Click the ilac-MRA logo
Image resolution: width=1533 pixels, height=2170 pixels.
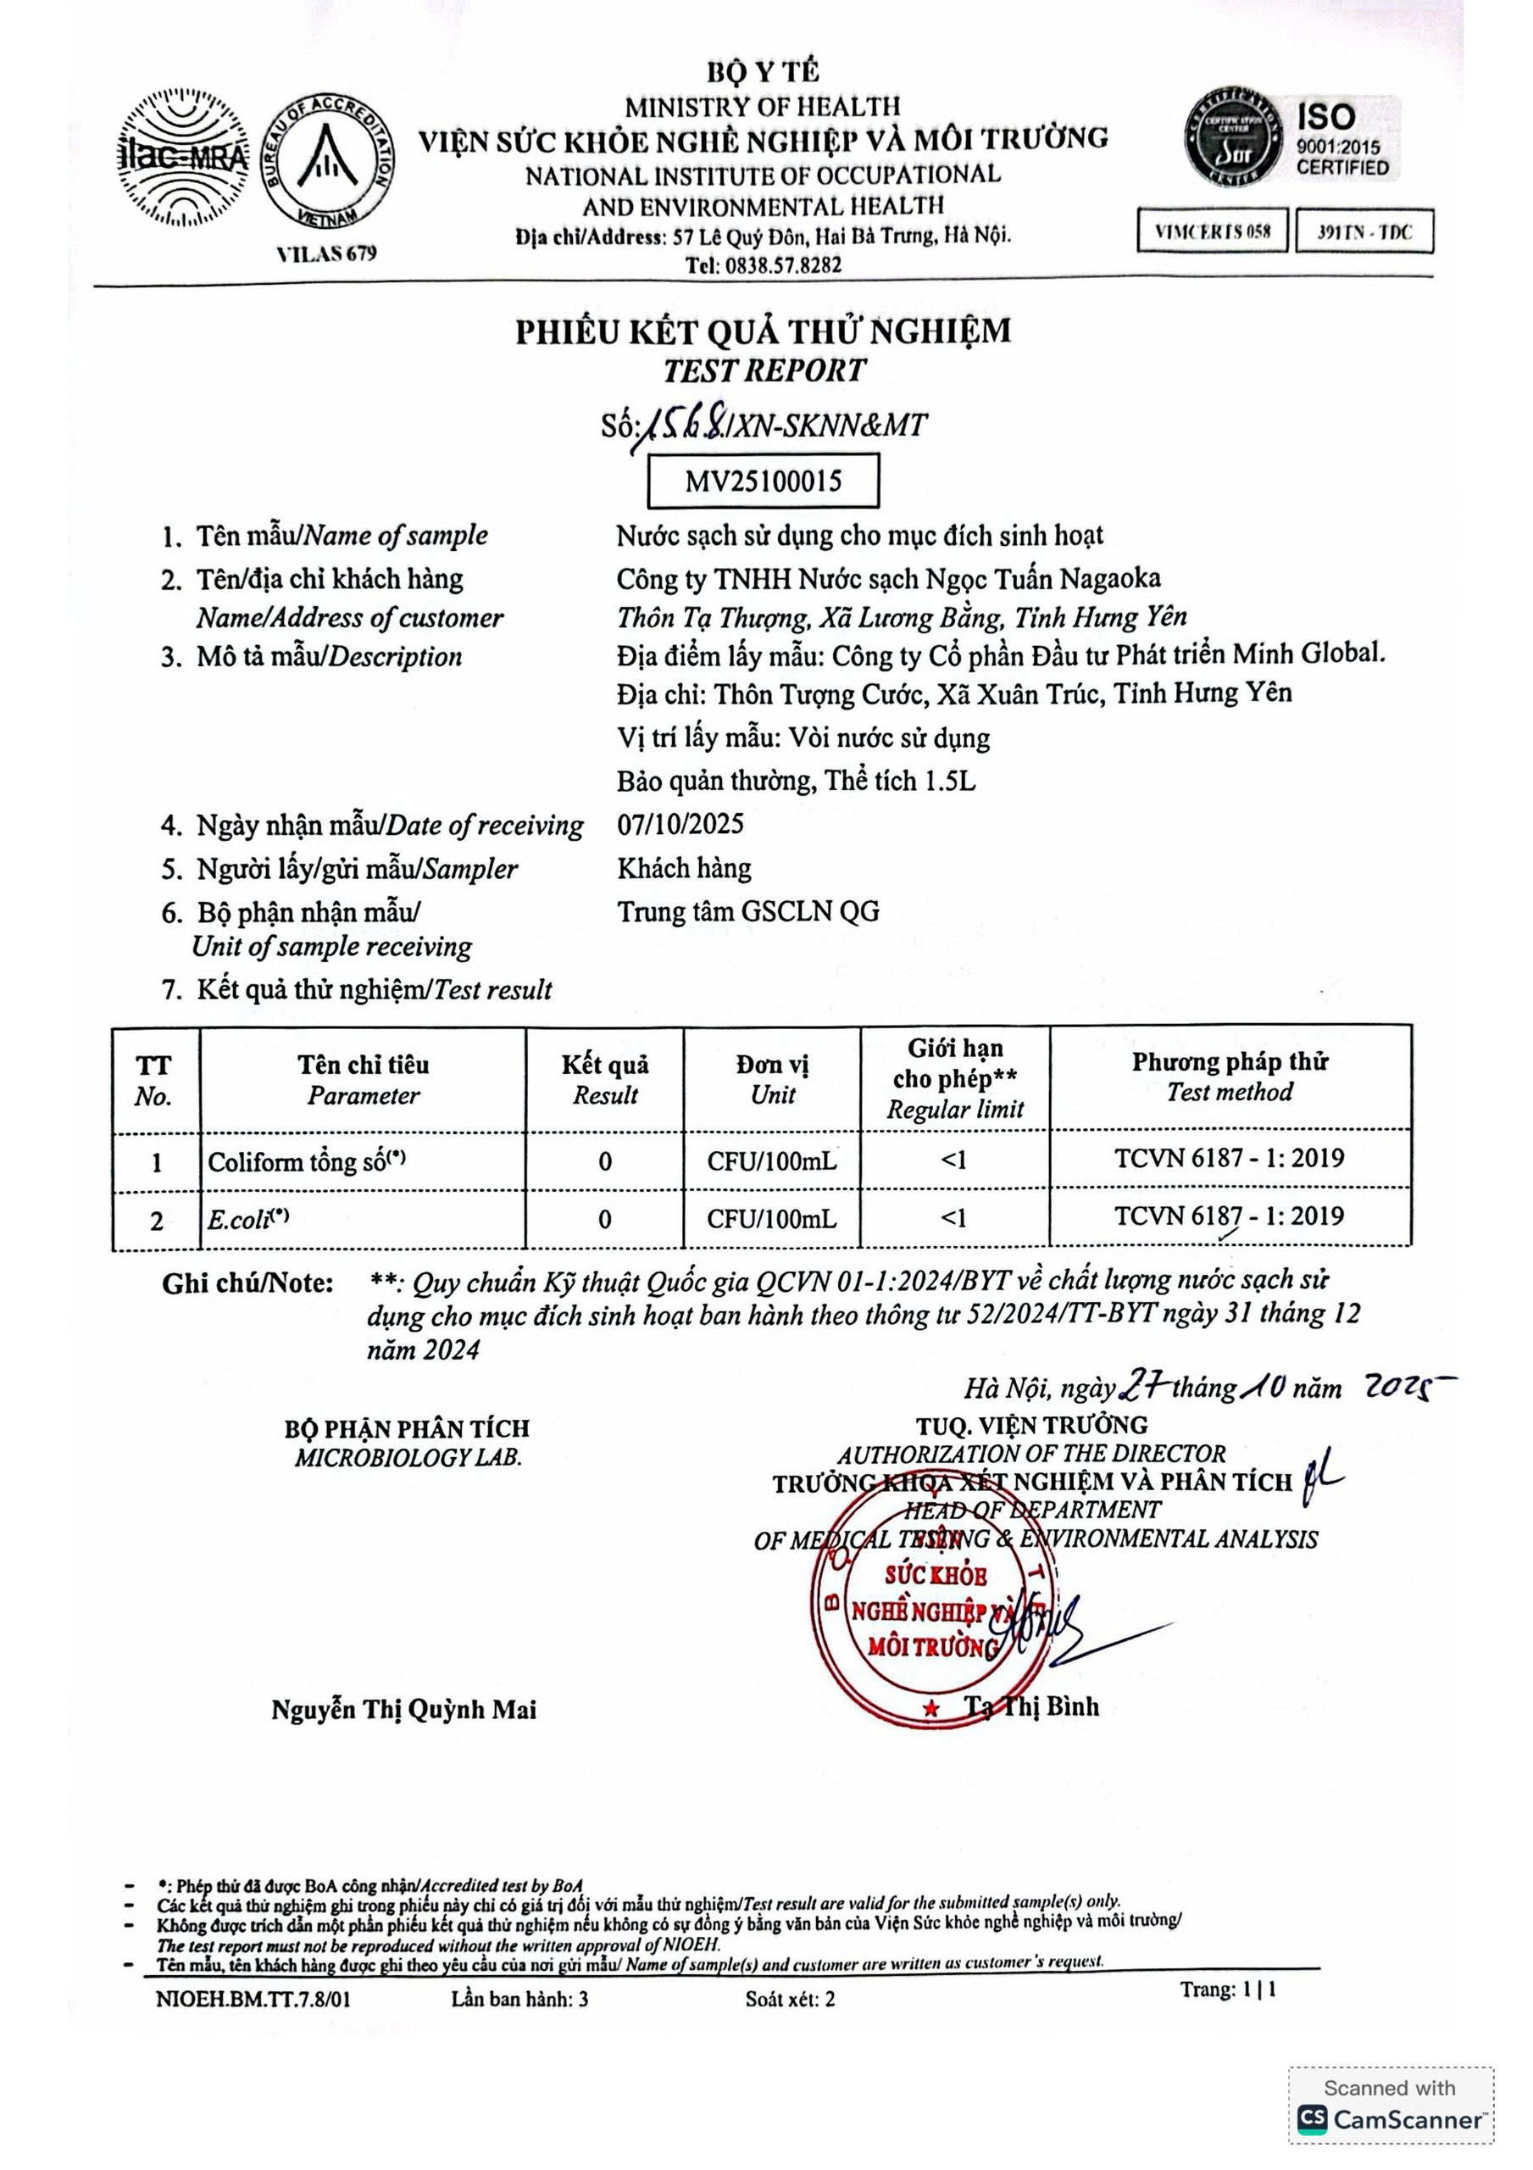click(x=182, y=157)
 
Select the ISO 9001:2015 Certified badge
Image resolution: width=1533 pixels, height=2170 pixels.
click(x=1293, y=138)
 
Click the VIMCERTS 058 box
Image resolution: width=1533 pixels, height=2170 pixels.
click(x=1213, y=231)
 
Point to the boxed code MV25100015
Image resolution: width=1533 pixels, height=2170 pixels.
click(x=763, y=481)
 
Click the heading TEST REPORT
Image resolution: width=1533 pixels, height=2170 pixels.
click(x=764, y=370)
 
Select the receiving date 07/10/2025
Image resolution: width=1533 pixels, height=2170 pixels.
click(x=680, y=824)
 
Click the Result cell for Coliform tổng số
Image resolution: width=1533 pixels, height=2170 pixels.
click(x=605, y=1160)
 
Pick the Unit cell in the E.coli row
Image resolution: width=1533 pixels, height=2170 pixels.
click(x=771, y=1219)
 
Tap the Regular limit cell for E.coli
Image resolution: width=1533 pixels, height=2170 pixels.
click(x=954, y=1219)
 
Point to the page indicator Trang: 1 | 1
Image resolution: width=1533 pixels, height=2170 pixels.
click(x=1228, y=1989)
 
